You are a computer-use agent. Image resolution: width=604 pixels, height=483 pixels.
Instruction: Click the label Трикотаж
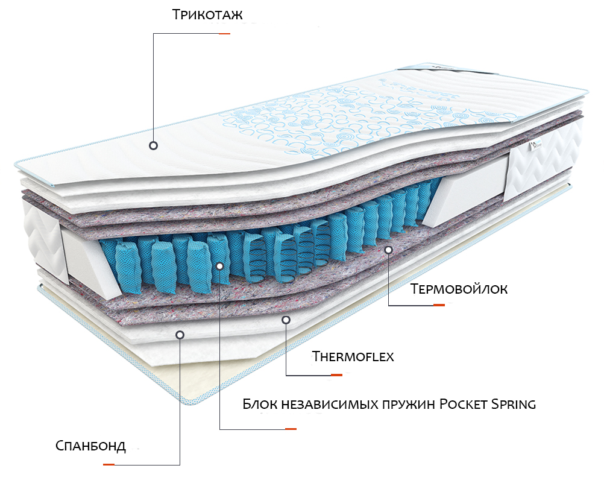[x=207, y=14]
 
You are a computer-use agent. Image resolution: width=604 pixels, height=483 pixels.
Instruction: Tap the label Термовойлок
[x=459, y=289]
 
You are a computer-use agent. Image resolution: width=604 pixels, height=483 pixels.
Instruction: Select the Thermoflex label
[x=353, y=356]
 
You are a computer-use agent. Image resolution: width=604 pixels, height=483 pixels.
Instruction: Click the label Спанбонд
[x=90, y=446]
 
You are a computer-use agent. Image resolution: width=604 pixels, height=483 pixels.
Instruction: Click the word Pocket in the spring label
[x=463, y=405]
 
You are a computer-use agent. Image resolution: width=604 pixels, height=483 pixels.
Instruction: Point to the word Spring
[x=514, y=405]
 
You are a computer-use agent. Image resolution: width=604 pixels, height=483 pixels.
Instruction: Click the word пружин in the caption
[x=409, y=405]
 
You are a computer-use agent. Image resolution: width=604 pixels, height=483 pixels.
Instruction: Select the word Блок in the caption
[x=260, y=405]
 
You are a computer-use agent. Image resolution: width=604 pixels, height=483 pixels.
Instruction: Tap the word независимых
[x=330, y=405]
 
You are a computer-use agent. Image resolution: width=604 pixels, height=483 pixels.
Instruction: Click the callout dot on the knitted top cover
[x=153, y=146]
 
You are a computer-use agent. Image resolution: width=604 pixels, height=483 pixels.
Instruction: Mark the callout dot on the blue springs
[x=220, y=266]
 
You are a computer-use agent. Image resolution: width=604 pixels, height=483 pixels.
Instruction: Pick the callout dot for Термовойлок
[x=389, y=250]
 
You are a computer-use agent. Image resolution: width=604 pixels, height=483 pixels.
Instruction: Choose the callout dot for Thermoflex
[x=286, y=320]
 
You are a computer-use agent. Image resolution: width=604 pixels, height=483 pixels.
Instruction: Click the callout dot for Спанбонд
[x=180, y=335]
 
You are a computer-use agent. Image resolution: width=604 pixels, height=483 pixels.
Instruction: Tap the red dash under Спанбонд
[x=109, y=464]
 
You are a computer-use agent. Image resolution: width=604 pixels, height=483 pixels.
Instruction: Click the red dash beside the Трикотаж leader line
[x=225, y=34]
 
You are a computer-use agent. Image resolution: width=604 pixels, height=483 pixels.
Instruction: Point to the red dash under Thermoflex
[x=337, y=374]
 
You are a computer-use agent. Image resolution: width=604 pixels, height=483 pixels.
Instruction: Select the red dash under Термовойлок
[x=439, y=305]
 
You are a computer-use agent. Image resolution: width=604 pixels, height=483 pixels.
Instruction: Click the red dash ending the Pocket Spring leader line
[x=291, y=429]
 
